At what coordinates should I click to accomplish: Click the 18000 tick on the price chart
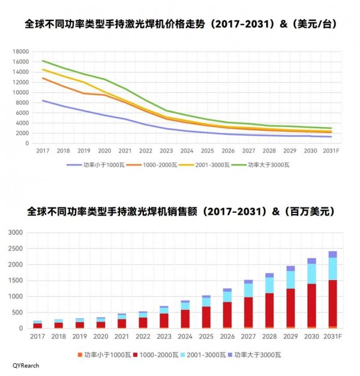click(x=21, y=52)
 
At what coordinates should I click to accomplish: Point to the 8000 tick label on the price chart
click(x=23, y=103)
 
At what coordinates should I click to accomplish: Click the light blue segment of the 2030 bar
click(x=311, y=273)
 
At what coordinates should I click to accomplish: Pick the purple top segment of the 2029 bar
click(x=290, y=269)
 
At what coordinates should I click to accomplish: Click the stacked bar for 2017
click(x=38, y=324)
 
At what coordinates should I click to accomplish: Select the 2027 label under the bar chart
click(x=248, y=336)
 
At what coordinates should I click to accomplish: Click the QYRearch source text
click(x=26, y=365)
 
